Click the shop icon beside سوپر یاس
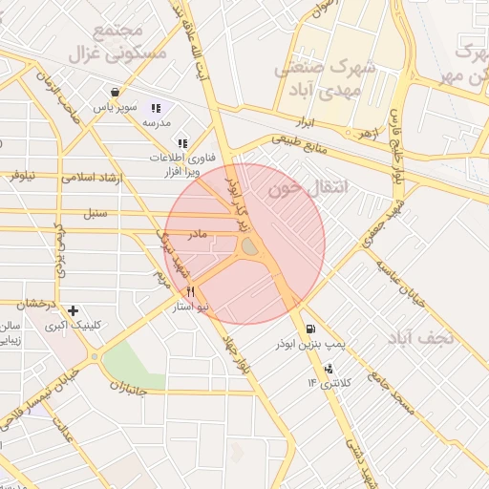[x=116, y=93]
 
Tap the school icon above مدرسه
[x=156, y=108]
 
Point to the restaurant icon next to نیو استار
[x=191, y=292]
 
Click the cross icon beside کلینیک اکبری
[x=74, y=309]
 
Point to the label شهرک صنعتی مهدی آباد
[x=322, y=77]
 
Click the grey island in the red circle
[x=249, y=248]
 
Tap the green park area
[x=131, y=364]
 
